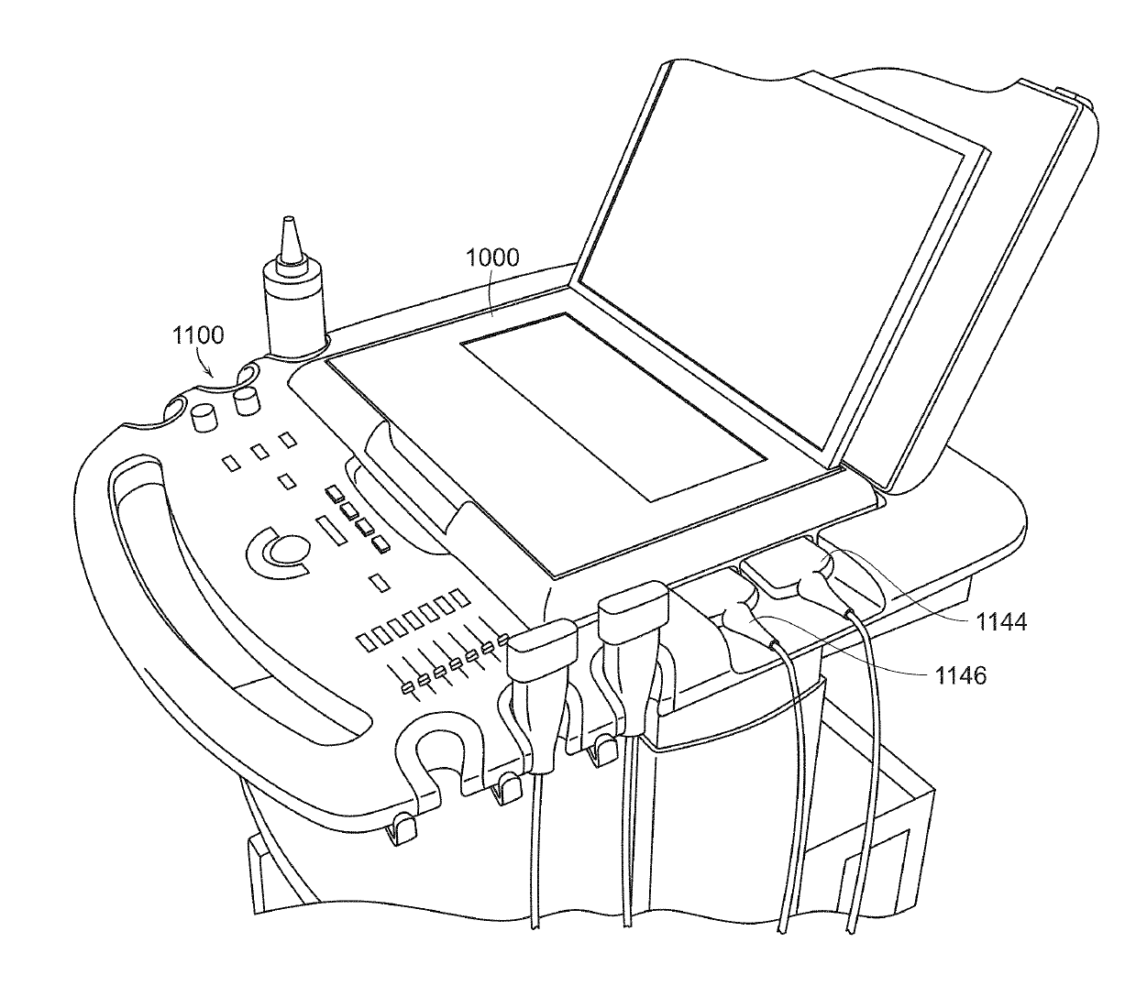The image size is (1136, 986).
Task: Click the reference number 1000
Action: (x=492, y=257)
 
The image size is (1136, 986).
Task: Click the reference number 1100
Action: (x=197, y=334)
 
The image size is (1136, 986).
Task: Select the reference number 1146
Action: (x=961, y=676)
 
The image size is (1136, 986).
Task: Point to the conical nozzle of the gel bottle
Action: (x=292, y=241)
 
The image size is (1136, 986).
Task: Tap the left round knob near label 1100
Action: (x=204, y=419)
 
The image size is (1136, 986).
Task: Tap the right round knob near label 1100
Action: (x=247, y=400)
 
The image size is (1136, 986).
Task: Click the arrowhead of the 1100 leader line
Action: (x=214, y=375)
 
